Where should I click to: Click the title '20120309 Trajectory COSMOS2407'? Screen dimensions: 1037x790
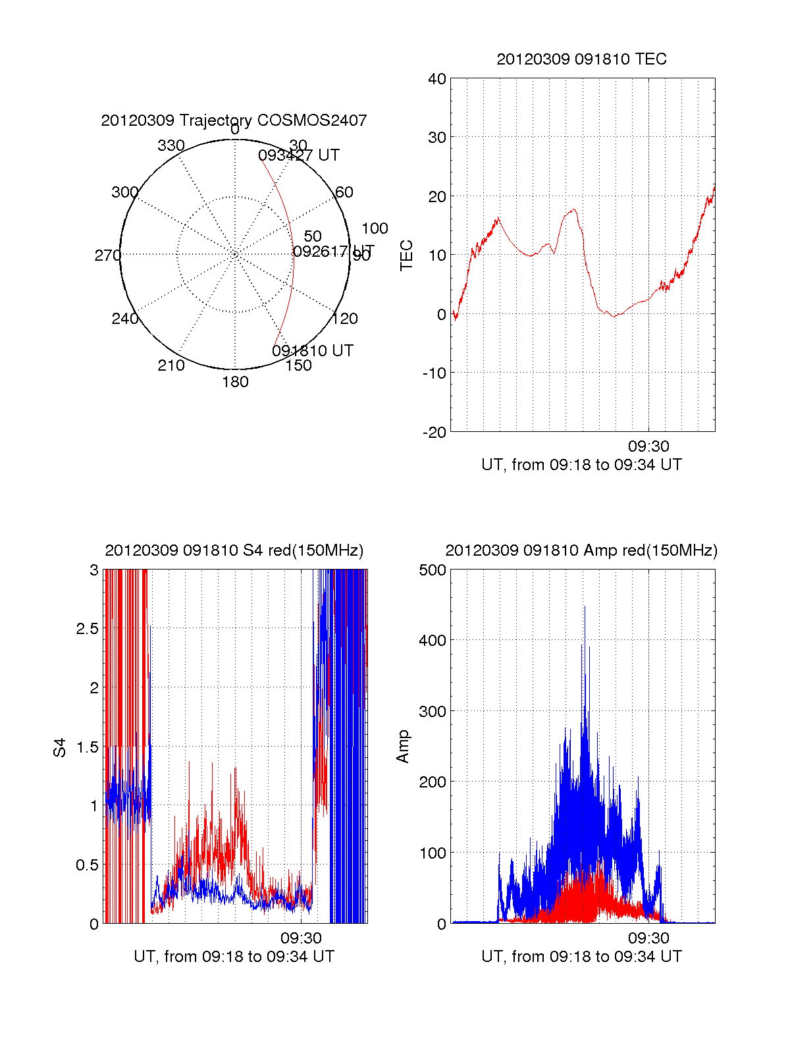pos(234,120)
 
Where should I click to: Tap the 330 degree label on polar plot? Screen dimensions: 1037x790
pos(171,146)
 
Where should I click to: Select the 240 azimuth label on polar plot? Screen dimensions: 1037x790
pos(124,319)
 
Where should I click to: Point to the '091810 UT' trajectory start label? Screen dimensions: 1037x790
pos(313,351)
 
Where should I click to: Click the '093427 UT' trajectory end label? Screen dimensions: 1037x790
pos(299,155)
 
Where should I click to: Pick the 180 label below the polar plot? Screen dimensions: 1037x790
pos(235,382)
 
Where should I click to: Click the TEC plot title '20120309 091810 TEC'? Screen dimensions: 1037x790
pos(581,59)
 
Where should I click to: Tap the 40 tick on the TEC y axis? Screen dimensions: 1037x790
pos(437,79)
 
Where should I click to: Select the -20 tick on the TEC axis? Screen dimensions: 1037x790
pos(434,432)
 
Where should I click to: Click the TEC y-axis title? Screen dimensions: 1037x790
pos(407,255)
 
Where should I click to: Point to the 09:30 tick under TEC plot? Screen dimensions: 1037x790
pos(648,446)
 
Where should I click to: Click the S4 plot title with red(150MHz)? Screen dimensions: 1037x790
pos(234,550)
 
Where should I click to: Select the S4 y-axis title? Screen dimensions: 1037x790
pos(60,747)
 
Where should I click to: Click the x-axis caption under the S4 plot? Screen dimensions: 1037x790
pos(234,956)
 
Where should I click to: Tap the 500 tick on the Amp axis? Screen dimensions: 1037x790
pos(433,570)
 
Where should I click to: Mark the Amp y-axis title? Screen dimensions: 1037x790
pos(403,746)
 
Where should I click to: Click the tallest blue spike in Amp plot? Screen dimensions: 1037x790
pos(584,607)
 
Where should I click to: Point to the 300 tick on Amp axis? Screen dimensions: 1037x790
pos(433,712)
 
